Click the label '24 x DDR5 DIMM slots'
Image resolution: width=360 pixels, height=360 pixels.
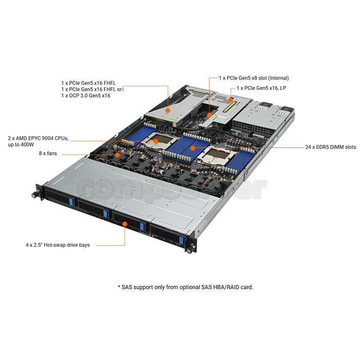coord(331,147)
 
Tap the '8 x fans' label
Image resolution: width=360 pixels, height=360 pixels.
coord(48,153)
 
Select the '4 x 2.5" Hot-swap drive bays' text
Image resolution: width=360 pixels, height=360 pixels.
coord(58,245)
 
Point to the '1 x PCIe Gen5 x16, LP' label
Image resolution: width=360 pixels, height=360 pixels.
coord(261,88)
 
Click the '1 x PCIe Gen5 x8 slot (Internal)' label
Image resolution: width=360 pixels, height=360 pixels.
coord(254,78)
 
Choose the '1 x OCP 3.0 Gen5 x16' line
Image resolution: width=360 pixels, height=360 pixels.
coord(86,96)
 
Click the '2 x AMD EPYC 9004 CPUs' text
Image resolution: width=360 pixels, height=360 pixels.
coord(38,138)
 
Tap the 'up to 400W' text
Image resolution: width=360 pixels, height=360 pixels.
coord(21,145)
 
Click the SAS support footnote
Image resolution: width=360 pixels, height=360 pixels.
coord(185,287)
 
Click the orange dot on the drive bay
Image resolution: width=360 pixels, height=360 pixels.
coord(124,224)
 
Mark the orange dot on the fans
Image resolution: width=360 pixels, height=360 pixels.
coord(117,155)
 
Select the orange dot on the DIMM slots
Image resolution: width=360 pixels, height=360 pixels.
coord(193,148)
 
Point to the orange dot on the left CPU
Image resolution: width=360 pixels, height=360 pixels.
coord(156,141)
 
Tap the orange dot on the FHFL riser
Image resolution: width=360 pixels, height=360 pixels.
coord(168,111)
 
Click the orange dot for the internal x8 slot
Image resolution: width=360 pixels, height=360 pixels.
coord(209,115)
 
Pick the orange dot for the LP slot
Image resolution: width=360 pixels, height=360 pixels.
coord(230,100)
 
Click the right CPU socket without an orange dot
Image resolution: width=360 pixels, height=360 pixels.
coord(217,156)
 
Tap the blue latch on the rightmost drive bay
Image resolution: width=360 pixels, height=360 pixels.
coord(182,240)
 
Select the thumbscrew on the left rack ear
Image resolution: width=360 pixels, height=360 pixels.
coord(34,195)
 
